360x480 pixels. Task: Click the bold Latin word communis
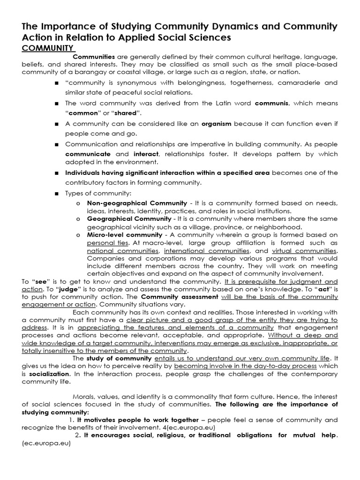point(271,103)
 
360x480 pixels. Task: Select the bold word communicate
point(88,153)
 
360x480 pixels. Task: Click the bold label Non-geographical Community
point(137,202)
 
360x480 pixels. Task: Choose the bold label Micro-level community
point(124,234)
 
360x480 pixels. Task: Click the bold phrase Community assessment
point(180,297)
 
